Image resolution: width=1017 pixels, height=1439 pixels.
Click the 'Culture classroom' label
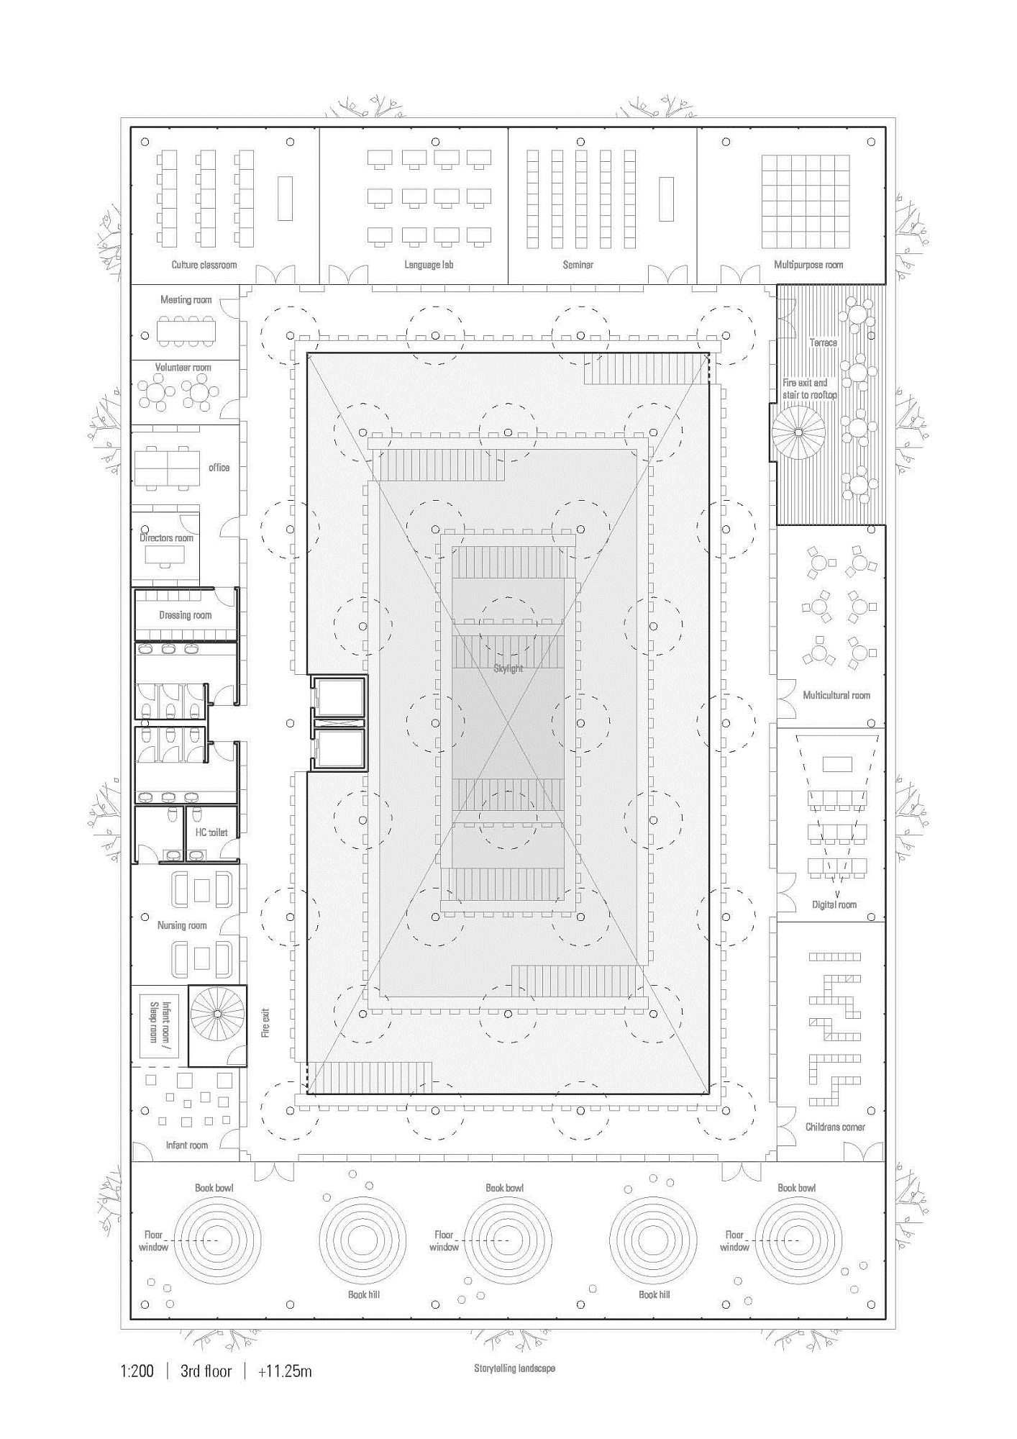click(204, 265)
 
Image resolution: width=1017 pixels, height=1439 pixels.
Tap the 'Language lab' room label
click(429, 265)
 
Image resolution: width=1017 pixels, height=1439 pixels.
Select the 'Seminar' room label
click(578, 265)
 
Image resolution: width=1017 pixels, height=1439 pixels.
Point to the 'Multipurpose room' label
click(808, 265)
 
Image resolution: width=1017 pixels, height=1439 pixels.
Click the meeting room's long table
click(186, 330)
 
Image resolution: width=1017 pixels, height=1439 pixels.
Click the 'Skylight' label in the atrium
click(508, 668)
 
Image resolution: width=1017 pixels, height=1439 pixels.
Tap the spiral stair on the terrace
click(798, 432)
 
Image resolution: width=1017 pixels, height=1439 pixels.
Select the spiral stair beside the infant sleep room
click(217, 1014)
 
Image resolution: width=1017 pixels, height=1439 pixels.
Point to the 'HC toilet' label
click(211, 832)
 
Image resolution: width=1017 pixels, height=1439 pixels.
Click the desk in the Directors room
click(165, 555)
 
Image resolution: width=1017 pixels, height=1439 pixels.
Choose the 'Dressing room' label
click(186, 615)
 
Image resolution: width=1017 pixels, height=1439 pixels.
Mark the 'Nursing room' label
click(182, 925)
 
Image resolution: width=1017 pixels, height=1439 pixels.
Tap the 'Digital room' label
click(834, 904)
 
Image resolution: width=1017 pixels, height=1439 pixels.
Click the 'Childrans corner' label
click(835, 1127)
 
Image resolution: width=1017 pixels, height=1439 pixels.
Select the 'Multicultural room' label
click(836, 695)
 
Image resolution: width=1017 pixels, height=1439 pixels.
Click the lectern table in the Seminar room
click(666, 199)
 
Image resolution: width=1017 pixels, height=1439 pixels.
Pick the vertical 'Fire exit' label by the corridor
click(265, 1022)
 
